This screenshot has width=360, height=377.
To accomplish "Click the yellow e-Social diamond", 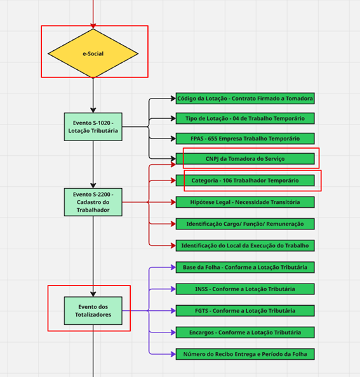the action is [93, 53].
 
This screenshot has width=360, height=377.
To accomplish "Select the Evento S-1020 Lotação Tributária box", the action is [93, 127].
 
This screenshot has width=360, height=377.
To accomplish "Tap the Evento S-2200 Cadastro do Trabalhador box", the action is [93, 202].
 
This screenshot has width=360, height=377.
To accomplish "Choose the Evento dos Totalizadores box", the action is [93, 311].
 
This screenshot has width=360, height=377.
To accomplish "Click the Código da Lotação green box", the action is [245, 99].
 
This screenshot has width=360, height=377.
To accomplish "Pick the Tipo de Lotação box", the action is [245, 118].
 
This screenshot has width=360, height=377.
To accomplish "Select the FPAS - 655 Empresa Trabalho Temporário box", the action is [245, 139].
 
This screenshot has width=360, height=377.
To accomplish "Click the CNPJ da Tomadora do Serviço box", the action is [245, 159].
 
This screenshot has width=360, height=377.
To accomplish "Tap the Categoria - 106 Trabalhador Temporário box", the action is [245, 181].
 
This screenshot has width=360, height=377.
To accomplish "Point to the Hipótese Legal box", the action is [245, 202].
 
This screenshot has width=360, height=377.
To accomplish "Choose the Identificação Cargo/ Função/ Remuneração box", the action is [245, 224].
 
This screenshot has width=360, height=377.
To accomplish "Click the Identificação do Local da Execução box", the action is [245, 245].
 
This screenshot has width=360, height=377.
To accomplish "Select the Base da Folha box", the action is [245, 267].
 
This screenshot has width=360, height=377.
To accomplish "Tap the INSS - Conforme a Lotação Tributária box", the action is [245, 289].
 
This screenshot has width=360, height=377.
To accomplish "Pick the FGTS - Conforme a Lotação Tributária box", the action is [245, 311].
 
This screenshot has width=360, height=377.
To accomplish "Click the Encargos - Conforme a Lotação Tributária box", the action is [245, 332].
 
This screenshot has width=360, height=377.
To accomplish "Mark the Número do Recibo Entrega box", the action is [245, 354].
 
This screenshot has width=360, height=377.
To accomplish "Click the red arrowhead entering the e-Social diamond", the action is [93, 26].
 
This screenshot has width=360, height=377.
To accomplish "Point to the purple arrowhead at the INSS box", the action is [173, 289].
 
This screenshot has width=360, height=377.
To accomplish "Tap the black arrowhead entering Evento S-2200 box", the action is [93, 186].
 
